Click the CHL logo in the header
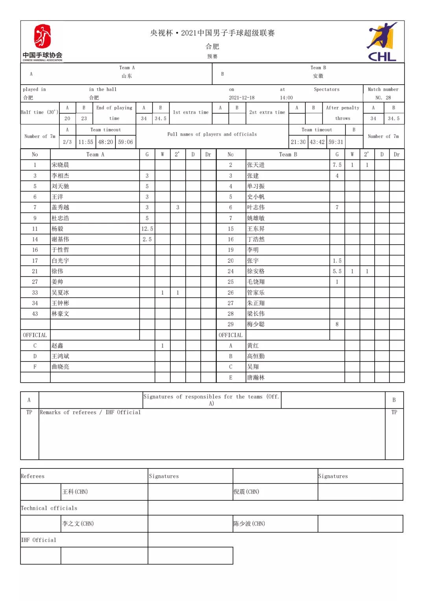click(382, 42)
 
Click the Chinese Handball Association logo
click(42, 42)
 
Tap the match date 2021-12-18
click(242, 98)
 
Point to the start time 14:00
click(286, 98)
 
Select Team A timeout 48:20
click(105, 142)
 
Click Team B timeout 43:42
click(317, 142)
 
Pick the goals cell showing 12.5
click(147, 229)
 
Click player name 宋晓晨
click(60, 165)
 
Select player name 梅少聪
click(256, 324)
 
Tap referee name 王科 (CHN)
click(75, 492)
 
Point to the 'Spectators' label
click(327, 89)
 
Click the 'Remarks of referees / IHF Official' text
click(90, 412)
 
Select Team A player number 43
click(35, 313)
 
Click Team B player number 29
click(231, 324)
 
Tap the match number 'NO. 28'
click(383, 98)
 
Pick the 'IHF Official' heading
click(39, 540)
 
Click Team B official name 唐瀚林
click(256, 378)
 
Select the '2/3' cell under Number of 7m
click(67, 142)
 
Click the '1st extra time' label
click(191, 112)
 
